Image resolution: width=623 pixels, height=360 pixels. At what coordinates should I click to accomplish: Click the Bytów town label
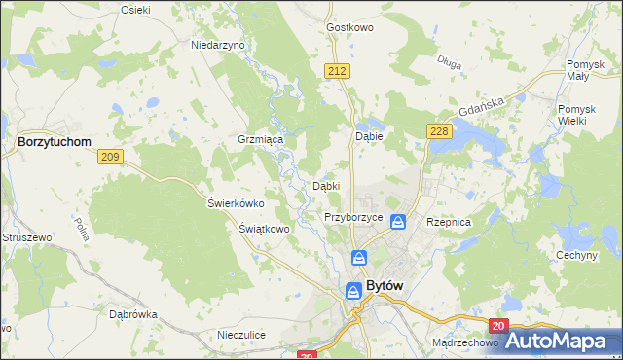pos(385,287)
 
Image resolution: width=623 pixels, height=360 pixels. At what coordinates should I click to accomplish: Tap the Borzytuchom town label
pos(55,141)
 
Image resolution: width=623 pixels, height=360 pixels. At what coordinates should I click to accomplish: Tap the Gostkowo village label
pos(351,27)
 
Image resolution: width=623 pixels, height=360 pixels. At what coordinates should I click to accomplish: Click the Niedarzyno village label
pos(218,45)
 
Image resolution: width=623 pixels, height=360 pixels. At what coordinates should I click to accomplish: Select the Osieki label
pos(135,9)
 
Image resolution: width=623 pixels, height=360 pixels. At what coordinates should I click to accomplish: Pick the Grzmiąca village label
pos(260,139)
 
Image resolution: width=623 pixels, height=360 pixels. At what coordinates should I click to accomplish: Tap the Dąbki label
pos(325,185)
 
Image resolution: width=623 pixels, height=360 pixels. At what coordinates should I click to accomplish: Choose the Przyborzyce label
pos(352,218)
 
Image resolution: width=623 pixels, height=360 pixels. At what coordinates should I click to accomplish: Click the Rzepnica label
pos(449,222)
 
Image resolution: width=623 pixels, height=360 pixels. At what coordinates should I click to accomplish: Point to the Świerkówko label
pos(237,203)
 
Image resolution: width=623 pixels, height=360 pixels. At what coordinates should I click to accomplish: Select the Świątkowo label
pos(265,229)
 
